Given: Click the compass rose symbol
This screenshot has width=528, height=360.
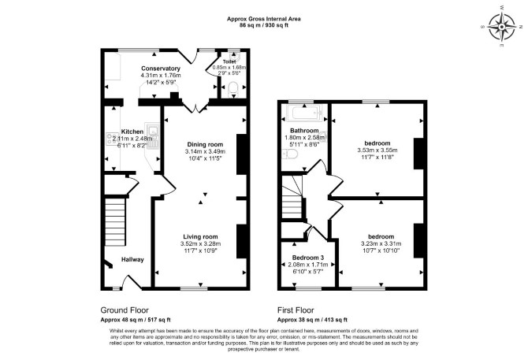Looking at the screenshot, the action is (x=502, y=26).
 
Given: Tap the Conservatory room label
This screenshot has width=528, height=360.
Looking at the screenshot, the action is (x=161, y=69).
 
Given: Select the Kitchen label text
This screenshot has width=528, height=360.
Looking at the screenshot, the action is (x=132, y=132).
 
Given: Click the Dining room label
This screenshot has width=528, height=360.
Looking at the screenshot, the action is (x=205, y=145).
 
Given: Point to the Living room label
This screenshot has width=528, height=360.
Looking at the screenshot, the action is (x=200, y=237).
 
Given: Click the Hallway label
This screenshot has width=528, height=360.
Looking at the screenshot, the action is (x=132, y=259).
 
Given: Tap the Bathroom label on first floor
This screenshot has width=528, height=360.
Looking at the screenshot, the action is (x=304, y=131).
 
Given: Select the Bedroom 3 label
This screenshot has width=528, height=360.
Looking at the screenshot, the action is (x=308, y=258).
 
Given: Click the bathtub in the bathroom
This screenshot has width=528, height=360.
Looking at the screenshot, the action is (x=304, y=113).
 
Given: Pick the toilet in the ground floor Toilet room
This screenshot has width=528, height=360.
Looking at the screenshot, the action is (x=233, y=90).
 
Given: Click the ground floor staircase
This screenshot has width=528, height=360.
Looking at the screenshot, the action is (x=115, y=222).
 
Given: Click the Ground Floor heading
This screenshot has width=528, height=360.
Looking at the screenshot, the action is (x=125, y=310).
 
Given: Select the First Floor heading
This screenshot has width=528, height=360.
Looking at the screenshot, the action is (x=296, y=310).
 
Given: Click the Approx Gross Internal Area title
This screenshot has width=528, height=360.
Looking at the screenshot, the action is (x=264, y=19).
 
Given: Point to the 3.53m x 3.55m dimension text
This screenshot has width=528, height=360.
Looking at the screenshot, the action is (x=377, y=150).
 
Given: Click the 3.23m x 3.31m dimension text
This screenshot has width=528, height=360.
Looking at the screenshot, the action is (x=381, y=243).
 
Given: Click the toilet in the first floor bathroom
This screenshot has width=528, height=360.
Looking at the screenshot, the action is (x=289, y=154).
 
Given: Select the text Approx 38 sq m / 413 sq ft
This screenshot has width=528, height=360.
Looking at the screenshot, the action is (x=312, y=320).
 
